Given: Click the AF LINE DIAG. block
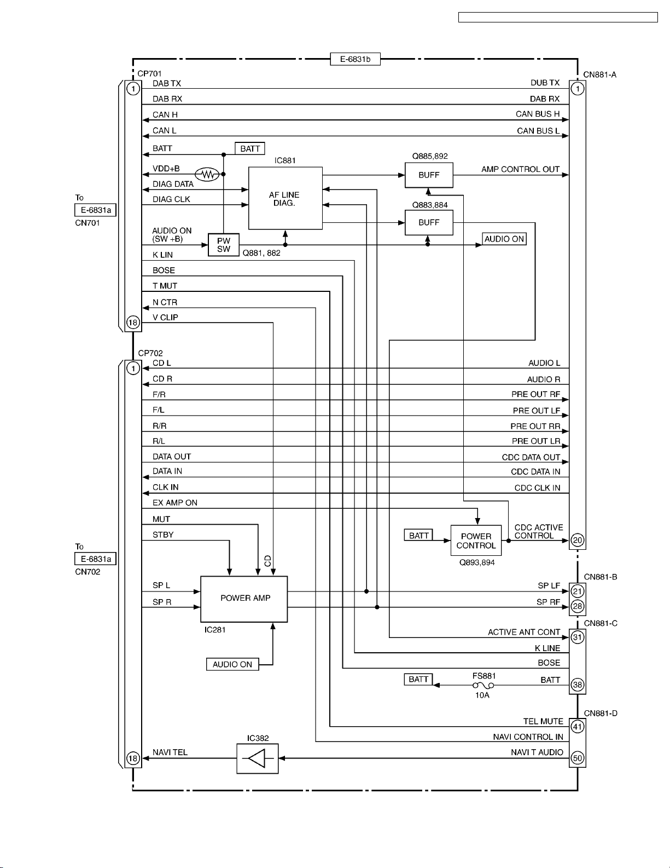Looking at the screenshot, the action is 285,198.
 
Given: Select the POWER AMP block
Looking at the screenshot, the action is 244,599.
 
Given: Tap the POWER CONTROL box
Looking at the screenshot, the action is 476,541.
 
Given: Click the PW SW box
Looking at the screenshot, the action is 223,245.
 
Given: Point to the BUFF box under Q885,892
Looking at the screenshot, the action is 429,175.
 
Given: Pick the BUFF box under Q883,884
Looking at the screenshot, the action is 429,222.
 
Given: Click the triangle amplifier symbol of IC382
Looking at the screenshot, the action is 257,758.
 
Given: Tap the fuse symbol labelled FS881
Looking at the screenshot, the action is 483,686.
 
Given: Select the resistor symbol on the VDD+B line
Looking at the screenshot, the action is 207,174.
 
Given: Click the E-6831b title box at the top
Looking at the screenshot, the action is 355,59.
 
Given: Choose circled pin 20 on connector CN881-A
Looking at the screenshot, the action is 578,541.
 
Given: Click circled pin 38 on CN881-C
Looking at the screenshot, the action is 578,685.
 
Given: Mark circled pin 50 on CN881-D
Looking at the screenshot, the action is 578,758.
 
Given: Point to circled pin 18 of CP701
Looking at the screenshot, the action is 133,323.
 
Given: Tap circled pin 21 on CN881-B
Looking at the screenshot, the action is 578,591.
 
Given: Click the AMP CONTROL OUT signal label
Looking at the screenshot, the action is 520,169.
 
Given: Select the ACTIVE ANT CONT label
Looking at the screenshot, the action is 524,633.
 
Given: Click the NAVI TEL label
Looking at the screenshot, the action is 170,752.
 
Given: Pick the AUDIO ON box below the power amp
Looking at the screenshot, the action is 232,664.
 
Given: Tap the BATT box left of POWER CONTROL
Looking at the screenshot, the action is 418,536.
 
